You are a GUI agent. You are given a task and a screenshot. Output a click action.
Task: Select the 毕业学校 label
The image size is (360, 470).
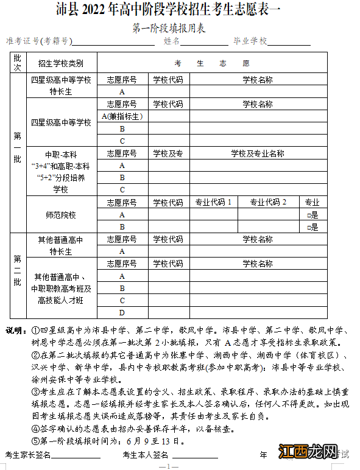pos(250,41)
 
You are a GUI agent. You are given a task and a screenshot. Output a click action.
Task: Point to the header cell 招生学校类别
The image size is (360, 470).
pos(60,63)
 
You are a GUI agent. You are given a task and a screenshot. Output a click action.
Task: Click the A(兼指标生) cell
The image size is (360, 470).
pos(122,116)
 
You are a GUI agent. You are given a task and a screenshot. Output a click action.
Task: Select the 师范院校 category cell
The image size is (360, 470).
pos(60,215)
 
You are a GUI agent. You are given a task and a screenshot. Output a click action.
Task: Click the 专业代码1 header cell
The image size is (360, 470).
pos(213,203)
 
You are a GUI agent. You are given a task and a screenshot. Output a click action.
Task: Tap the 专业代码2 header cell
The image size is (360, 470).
pos(268,203)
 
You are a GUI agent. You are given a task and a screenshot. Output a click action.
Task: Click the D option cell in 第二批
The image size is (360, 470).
pos(122,313)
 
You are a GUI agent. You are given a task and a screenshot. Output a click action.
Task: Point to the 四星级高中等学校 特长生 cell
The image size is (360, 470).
pos(60,86)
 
